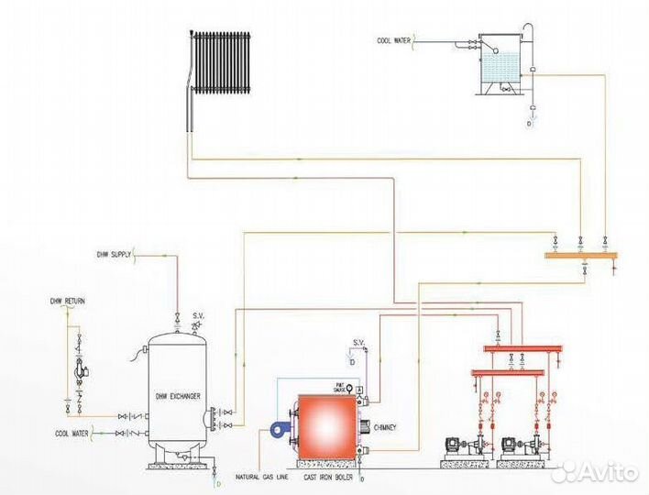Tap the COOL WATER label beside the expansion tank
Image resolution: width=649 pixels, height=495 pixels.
click(395, 40)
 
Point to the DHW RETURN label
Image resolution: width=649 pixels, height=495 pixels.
click(67, 301)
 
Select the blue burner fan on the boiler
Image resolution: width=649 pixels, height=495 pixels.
click(277, 428)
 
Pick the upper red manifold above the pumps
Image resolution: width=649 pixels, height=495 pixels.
click(521, 349)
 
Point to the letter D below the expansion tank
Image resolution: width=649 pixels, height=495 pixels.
click(530, 124)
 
